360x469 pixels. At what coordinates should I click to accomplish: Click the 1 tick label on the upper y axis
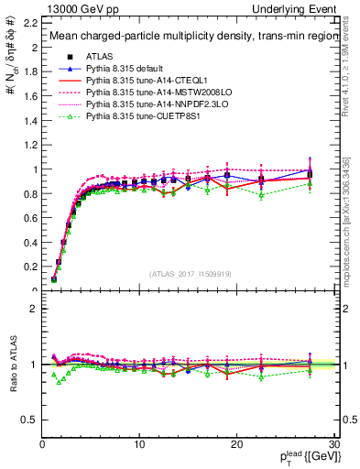(x=35, y=169)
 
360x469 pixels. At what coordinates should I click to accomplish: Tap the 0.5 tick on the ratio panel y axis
(x=30, y=420)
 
